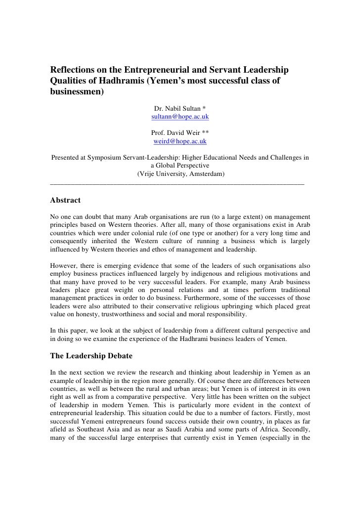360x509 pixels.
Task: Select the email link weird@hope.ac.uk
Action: coord(180,141)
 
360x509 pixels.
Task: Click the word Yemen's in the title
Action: coord(165,80)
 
